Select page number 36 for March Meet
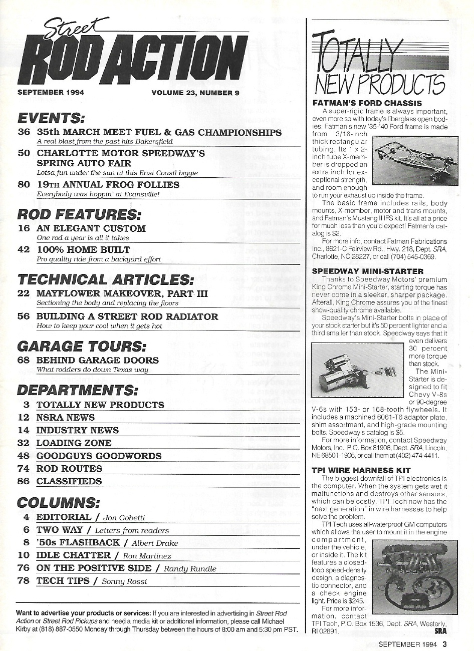[x=24, y=133]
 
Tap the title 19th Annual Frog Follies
[x=108, y=184]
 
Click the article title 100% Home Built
[x=83, y=249]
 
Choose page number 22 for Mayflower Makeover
[x=24, y=293]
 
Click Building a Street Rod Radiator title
[x=127, y=316]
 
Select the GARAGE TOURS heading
[x=82, y=346]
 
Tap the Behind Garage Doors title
[x=98, y=360]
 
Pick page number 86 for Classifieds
[x=24, y=481]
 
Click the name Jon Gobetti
[x=124, y=518]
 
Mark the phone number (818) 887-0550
[x=47, y=629]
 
